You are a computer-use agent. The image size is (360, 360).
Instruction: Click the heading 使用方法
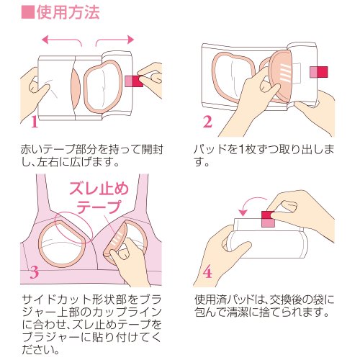tap(68, 12)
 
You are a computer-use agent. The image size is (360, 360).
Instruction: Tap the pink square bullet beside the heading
tap(28, 12)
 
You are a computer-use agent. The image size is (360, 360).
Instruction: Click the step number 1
tap(35, 122)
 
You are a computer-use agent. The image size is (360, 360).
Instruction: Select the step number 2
tap(207, 122)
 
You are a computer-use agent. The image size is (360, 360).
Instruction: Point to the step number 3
tap(35, 273)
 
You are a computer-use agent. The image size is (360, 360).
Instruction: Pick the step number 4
tap(207, 273)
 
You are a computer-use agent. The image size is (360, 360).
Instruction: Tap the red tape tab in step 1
tap(134, 81)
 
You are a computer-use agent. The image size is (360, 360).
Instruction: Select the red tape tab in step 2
tap(319, 72)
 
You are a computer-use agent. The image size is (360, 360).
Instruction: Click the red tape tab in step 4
tap(268, 219)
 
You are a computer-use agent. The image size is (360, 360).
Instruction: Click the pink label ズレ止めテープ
tap(99, 198)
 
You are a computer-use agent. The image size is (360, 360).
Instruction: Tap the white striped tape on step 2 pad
tap(286, 72)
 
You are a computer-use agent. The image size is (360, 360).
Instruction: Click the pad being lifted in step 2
tap(281, 76)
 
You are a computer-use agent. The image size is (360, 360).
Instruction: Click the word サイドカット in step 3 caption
tap(57, 300)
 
